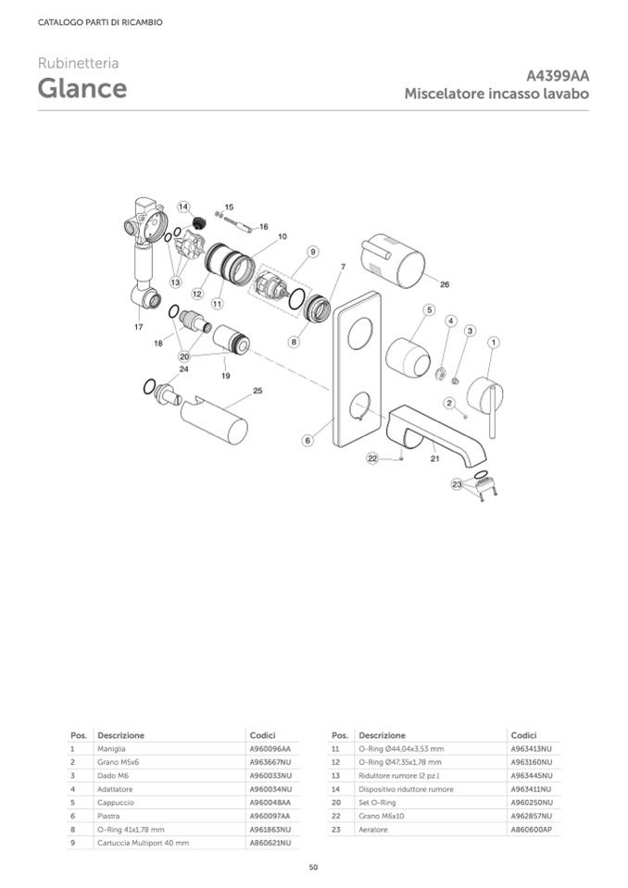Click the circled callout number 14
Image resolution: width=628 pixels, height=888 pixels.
(182, 206)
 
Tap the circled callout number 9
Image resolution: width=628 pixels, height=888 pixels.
(312, 251)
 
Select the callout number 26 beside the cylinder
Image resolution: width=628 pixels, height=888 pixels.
(445, 284)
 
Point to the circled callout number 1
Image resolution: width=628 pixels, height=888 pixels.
(493, 342)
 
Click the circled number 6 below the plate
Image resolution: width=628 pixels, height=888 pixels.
(308, 440)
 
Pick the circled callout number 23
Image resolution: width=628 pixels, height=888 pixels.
(457, 484)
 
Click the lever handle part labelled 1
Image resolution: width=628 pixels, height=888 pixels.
(485, 399)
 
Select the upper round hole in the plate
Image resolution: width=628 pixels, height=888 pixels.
(360, 333)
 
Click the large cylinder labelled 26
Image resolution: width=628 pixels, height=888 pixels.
(392, 263)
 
